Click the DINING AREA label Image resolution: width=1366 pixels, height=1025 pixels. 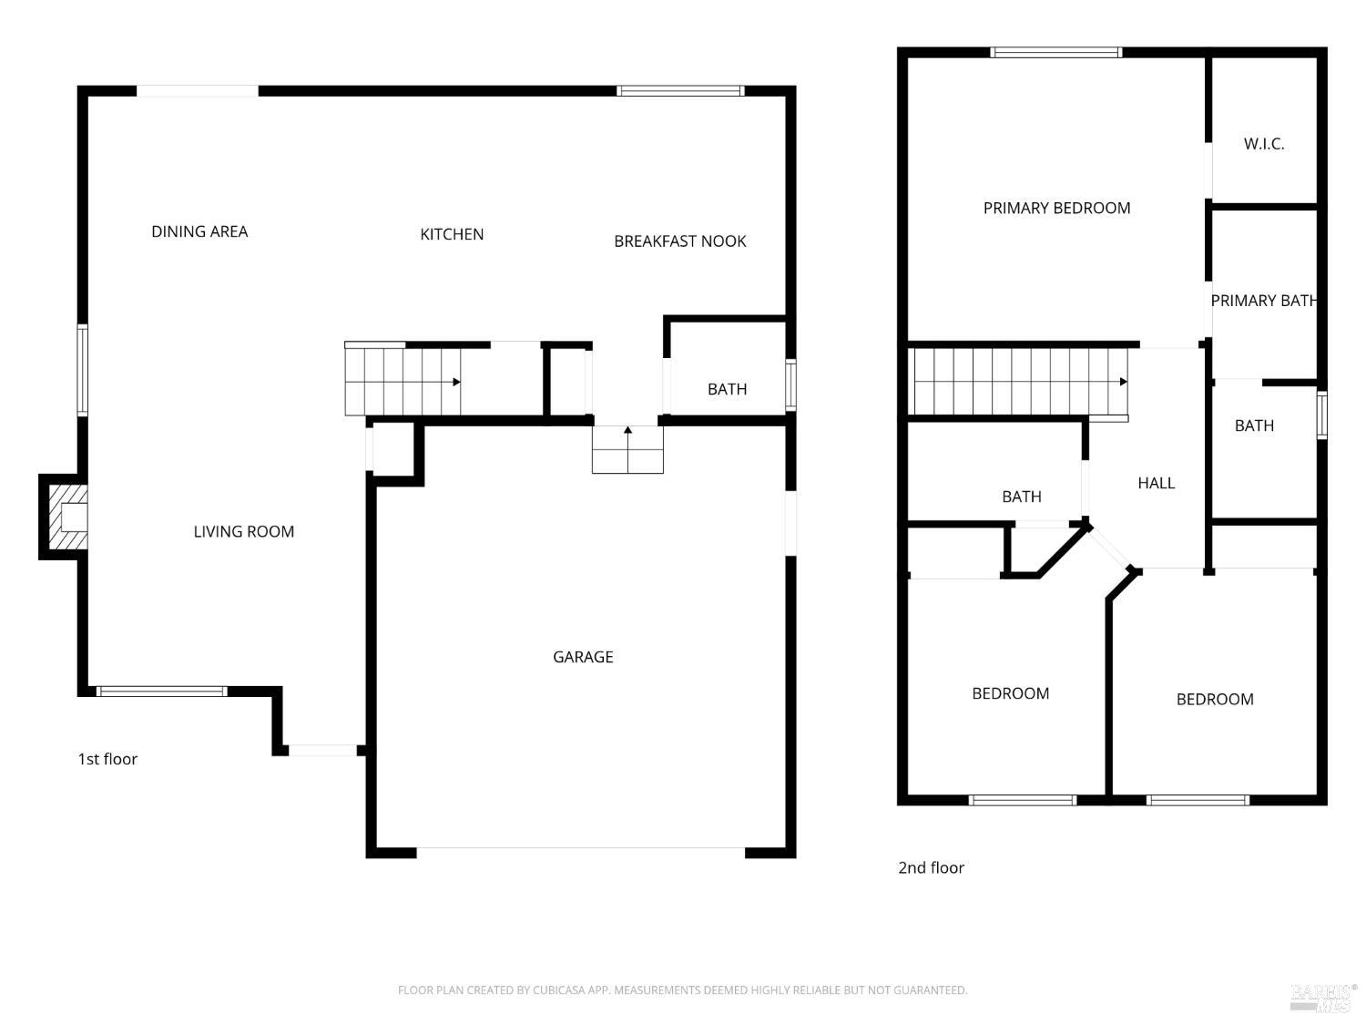pyautogui.click(x=199, y=231)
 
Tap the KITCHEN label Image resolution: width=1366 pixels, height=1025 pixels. pyautogui.click(x=452, y=234)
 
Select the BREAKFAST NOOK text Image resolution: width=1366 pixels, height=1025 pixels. pyautogui.click(x=679, y=241)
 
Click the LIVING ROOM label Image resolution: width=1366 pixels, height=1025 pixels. pyautogui.click(x=243, y=531)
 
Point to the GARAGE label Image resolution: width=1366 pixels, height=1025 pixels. pyautogui.click(x=583, y=657)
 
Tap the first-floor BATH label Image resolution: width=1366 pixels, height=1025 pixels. pyautogui.click(x=727, y=389)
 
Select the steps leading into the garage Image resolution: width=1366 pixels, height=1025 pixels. pyautogui.click(x=627, y=450)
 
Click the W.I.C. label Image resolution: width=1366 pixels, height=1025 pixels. pyautogui.click(x=1264, y=144)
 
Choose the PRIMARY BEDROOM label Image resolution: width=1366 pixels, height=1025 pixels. pyautogui.click(x=1056, y=208)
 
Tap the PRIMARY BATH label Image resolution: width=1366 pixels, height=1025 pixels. pyautogui.click(x=1263, y=301)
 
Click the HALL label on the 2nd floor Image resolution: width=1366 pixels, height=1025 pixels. pyautogui.click(x=1156, y=483)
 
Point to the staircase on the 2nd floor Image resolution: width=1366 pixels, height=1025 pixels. pyautogui.click(x=1020, y=382)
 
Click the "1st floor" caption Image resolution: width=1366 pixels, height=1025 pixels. pyautogui.click(x=107, y=759)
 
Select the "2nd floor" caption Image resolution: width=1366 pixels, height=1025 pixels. pyautogui.click(x=931, y=867)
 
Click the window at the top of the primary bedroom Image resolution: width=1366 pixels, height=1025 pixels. pyautogui.click(x=1055, y=53)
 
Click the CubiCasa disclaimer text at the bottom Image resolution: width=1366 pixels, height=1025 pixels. pyautogui.click(x=682, y=990)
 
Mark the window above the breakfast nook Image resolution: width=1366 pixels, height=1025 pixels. pyautogui.click(x=680, y=91)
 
